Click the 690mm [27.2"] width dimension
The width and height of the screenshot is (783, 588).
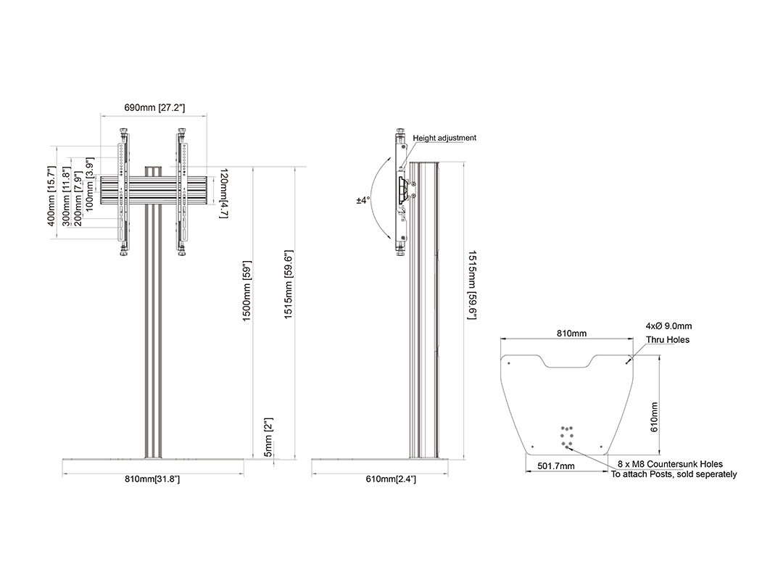[154, 108]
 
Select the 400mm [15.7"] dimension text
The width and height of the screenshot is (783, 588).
[51, 196]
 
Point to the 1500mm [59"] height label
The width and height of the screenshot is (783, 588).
[246, 291]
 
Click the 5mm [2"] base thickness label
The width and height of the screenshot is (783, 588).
[268, 438]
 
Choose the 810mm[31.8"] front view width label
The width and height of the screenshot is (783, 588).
[152, 479]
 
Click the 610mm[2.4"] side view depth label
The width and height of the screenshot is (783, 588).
[391, 479]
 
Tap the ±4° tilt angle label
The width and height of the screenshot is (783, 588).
[363, 200]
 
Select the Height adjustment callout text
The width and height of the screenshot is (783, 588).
[444, 138]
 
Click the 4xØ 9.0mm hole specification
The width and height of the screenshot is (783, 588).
[668, 326]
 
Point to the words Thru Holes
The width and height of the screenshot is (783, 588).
[668, 340]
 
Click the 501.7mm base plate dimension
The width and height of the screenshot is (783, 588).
[556, 466]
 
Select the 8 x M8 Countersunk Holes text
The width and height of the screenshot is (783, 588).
[670, 464]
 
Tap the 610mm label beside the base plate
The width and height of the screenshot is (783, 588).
[654, 418]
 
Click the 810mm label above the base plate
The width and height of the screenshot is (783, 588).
[572, 334]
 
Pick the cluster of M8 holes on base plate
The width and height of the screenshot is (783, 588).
[567, 437]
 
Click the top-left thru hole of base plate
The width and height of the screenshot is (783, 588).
[509, 363]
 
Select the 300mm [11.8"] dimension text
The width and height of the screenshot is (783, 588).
[67, 196]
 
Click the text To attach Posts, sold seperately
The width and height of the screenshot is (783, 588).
[674, 474]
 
